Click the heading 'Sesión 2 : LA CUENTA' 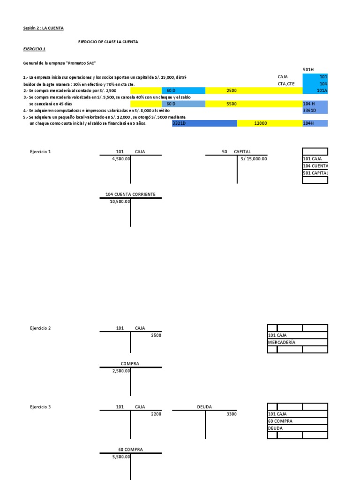coord(43,28)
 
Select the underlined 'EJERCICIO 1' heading coord(34,49)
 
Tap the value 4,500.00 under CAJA coord(121,159)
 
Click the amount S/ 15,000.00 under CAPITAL coord(254,159)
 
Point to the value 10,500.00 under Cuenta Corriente coord(120,202)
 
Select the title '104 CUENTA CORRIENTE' coord(130,194)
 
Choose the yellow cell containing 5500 coord(231,104)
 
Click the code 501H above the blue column coord(308,69)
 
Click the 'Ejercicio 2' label coord(40,328)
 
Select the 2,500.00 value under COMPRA coord(121,371)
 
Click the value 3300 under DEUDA coord(232,414)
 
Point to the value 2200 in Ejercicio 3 coord(156,414)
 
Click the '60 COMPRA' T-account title coord(130,450)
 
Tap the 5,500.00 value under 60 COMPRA coord(121,457)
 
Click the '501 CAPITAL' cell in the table coord(315,173)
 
